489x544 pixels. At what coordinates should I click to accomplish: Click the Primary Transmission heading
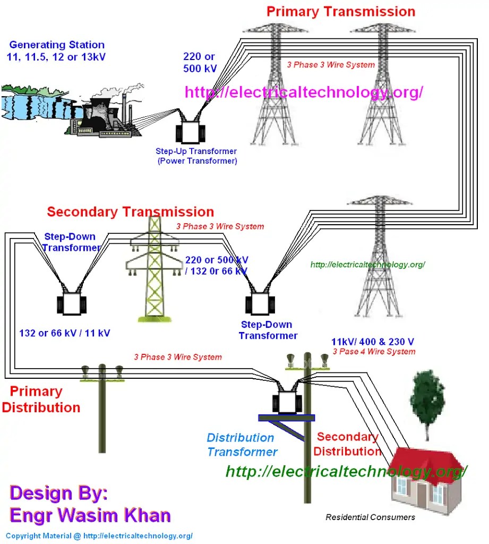click(x=340, y=11)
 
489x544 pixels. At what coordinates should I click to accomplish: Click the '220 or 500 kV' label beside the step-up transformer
click(x=200, y=62)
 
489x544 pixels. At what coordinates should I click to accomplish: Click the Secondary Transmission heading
click(x=131, y=212)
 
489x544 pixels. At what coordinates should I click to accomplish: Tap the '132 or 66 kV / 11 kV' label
click(x=65, y=334)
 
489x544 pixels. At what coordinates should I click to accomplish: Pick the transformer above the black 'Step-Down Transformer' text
click(x=260, y=304)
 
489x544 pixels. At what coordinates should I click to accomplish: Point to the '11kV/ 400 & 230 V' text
click(x=373, y=342)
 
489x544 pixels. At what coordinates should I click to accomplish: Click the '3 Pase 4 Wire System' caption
click(x=374, y=352)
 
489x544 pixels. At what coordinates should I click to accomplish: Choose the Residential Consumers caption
click(x=370, y=517)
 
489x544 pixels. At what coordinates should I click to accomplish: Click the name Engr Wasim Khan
click(x=90, y=515)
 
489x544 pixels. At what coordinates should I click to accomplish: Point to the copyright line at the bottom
click(x=99, y=536)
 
